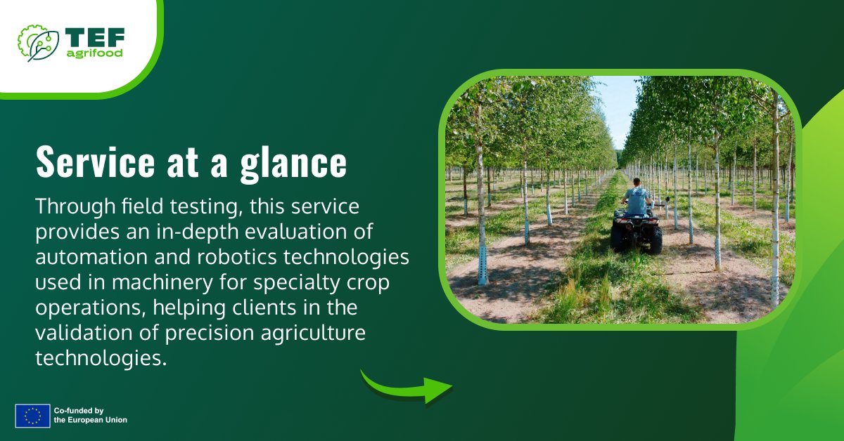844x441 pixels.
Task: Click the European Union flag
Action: [32, 415]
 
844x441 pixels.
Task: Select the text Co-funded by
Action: [79, 410]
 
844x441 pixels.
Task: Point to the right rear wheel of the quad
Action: [655, 239]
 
